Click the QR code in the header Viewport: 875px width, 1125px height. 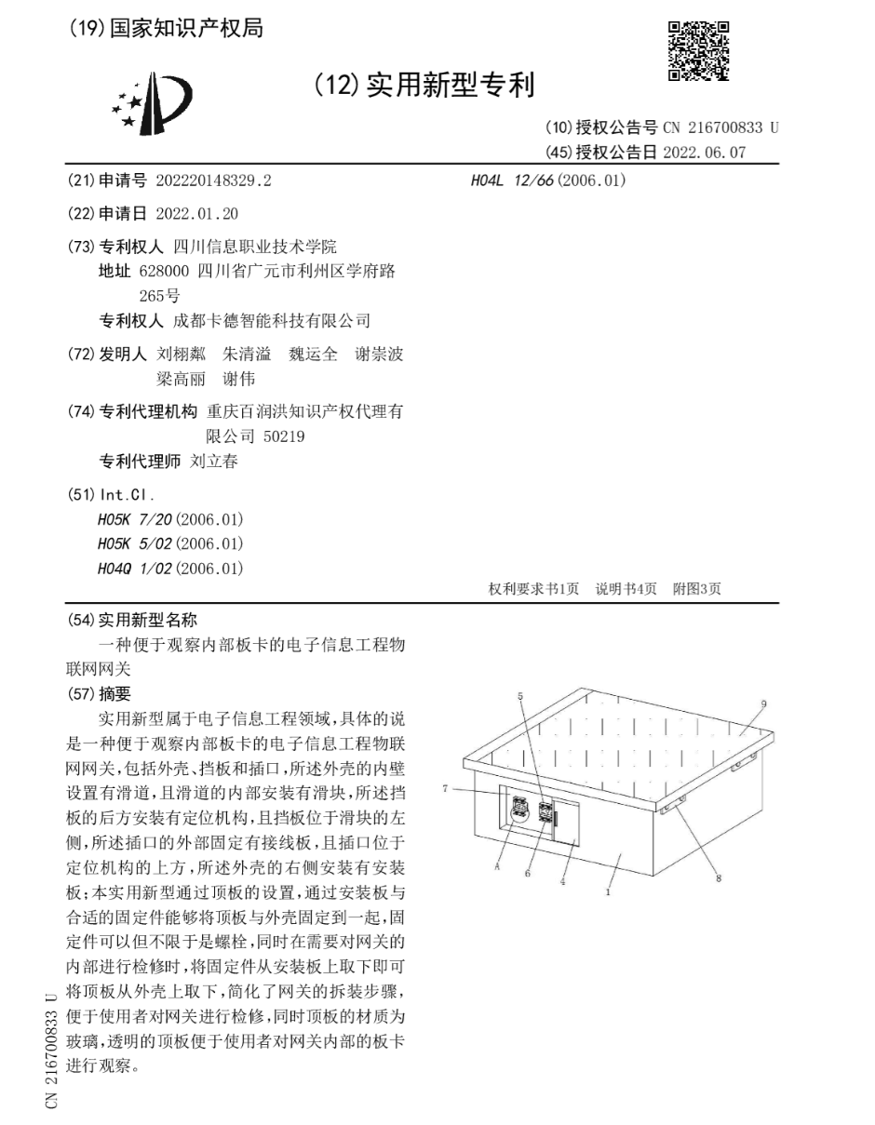698,50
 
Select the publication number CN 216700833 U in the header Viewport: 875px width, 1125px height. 720,128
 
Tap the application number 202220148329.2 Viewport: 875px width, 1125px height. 213,181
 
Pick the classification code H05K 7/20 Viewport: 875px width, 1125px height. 134,519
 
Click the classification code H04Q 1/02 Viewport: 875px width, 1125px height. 134,569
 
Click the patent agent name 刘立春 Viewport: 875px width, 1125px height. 214,462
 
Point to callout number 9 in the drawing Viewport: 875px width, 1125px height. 763,704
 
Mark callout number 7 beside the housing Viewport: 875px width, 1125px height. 446,788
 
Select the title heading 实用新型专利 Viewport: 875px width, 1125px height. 450,87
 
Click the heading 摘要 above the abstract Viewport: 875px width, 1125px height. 115,693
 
